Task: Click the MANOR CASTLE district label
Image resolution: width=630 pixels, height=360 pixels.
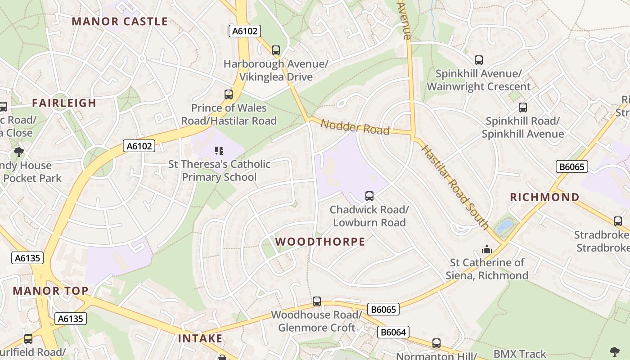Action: click(120, 22)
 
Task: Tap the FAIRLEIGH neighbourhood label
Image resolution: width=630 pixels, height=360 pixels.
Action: click(64, 103)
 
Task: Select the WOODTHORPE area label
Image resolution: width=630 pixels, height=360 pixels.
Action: click(320, 242)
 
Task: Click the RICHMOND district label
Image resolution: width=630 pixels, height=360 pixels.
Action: click(544, 197)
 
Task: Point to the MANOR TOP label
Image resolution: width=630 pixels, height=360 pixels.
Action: click(50, 291)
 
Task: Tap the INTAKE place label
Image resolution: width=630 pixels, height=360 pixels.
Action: click(200, 338)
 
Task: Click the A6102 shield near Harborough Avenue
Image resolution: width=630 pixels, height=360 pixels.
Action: click(245, 31)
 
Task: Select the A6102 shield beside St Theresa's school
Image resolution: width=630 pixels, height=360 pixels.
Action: click(139, 146)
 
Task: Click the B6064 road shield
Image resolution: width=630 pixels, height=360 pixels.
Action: click(393, 332)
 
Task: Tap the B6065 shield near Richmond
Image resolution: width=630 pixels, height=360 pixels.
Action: click(572, 167)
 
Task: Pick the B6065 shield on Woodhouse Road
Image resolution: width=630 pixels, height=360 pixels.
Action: click(383, 309)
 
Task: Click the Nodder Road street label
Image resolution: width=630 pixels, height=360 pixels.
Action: click(355, 127)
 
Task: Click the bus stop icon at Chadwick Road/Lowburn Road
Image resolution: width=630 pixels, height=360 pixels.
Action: click(369, 196)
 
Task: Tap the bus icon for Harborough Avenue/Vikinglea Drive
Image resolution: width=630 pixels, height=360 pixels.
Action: click(276, 50)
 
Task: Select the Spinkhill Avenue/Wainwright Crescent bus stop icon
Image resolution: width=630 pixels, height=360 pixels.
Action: click(479, 60)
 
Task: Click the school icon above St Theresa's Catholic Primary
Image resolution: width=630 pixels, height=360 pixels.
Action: click(219, 151)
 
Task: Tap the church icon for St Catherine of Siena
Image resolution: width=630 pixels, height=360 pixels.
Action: click(487, 249)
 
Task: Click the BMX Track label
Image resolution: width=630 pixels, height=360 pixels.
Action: click(520, 354)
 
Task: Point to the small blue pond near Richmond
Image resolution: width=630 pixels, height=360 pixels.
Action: click(504, 225)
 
